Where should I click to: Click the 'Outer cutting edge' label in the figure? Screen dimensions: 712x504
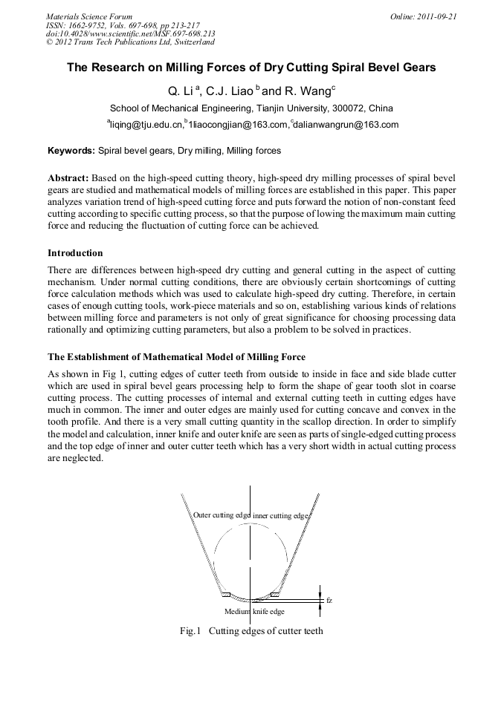[x=222, y=515]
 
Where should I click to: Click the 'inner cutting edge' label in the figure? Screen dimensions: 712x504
[x=280, y=515]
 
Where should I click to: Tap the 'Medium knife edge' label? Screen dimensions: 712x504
[x=254, y=611]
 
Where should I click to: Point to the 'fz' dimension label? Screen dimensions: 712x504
[x=329, y=600]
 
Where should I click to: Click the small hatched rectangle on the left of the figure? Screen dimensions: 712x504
[x=227, y=594]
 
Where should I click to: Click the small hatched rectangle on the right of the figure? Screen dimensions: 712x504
[x=274, y=594]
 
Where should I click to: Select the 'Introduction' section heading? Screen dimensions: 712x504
[x=75, y=253]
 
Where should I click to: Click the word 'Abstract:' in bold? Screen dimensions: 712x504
[x=68, y=179]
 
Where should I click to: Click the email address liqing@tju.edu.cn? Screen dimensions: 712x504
[x=146, y=125]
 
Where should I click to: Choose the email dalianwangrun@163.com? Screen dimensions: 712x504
[x=346, y=125]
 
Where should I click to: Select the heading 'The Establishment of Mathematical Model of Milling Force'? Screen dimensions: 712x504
[x=176, y=357]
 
